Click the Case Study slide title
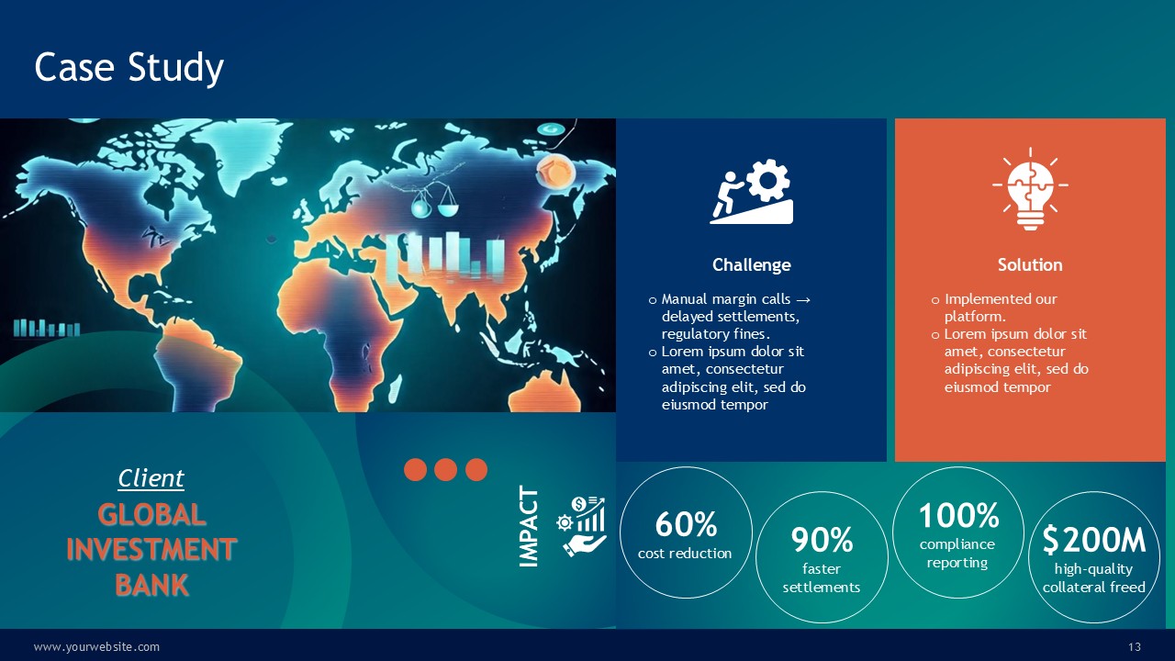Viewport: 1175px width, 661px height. tap(129, 68)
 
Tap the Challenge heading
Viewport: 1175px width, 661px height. tap(751, 265)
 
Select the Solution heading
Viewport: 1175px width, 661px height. tap(1030, 265)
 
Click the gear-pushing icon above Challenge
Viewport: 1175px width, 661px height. tap(751, 192)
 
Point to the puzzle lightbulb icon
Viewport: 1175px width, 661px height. tap(1030, 189)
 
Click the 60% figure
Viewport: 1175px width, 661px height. tap(686, 524)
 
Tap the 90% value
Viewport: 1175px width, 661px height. tap(822, 540)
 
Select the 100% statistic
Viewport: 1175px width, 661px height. tap(959, 515)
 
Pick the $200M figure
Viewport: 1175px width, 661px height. tap(1093, 540)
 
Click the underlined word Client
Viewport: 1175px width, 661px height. tap(151, 478)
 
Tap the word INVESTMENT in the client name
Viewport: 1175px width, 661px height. tap(151, 549)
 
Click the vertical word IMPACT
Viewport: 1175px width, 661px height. tap(528, 526)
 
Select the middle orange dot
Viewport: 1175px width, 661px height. tap(445, 469)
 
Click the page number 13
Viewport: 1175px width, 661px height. tap(1135, 647)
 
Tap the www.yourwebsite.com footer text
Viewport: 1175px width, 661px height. tap(96, 647)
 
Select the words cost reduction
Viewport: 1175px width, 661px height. tap(685, 554)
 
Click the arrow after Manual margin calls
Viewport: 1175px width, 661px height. tap(802, 300)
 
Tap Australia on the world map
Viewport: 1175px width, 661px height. tap(545, 392)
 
